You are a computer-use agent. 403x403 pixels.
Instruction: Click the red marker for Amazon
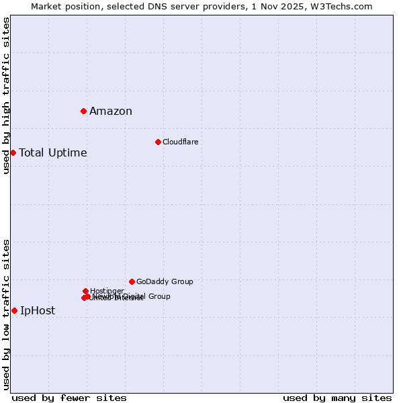click(83, 111)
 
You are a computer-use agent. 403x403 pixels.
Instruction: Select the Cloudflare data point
click(158, 142)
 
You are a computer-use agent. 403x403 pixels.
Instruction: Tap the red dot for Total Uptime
click(13, 152)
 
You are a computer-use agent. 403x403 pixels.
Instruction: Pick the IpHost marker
click(14, 310)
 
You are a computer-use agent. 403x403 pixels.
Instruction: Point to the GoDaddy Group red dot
click(132, 281)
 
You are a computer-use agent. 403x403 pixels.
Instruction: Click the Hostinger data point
click(85, 291)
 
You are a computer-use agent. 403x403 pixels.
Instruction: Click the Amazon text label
click(111, 111)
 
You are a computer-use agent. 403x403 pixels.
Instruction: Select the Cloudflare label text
click(180, 142)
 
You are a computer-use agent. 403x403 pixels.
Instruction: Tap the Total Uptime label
click(53, 152)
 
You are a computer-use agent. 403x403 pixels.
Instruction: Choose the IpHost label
click(38, 310)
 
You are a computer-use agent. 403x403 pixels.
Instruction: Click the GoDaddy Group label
click(165, 281)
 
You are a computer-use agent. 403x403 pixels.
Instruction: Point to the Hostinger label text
click(107, 291)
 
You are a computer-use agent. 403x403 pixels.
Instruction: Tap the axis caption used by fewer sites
click(69, 398)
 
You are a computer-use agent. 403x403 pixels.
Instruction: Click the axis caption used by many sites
click(337, 398)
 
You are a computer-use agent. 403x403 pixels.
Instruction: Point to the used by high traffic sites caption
click(6, 95)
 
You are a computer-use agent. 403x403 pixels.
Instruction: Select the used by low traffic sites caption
click(6, 314)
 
